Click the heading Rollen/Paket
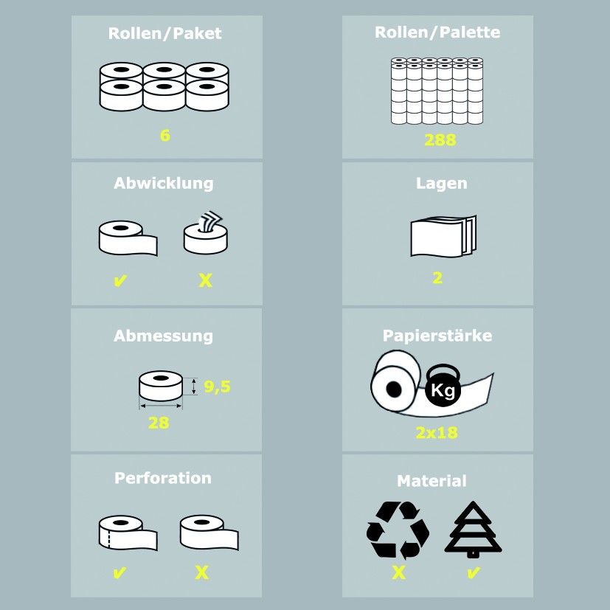(x=165, y=33)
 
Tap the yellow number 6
(x=165, y=136)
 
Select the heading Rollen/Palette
(x=437, y=32)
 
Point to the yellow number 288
(x=440, y=140)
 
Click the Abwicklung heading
(x=164, y=184)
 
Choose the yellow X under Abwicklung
(x=205, y=280)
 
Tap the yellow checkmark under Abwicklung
(x=120, y=280)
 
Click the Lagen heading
(x=442, y=184)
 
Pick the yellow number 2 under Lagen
(x=437, y=278)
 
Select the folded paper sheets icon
(x=443, y=236)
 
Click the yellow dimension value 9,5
(x=218, y=387)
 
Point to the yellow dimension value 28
(x=159, y=423)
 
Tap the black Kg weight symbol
(x=443, y=385)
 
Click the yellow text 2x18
(x=437, y=432)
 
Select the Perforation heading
(x=163, y=478)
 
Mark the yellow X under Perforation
(x=202, y=572)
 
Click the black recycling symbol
(x=398, y=530)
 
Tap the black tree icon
(x=473, y=529)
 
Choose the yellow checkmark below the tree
(x=473, y=572)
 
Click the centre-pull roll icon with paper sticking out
(x=206, y=232)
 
